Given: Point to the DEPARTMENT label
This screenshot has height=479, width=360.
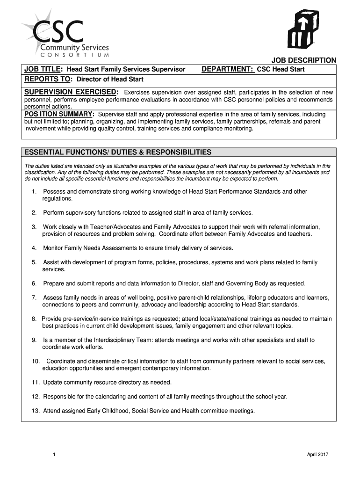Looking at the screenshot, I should (x=228, y=70).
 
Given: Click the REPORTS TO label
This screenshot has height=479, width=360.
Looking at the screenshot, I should (x=49, y=79).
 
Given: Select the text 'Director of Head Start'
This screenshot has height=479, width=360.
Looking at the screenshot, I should (x=110, y=80).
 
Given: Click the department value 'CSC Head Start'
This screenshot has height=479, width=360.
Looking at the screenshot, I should (x=281, y=70).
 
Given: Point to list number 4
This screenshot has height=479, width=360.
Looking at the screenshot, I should (x=34, y=248).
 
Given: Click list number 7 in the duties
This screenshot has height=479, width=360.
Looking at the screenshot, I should (x=34, y=298).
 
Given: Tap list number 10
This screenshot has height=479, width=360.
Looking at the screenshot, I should (x=36, y=361).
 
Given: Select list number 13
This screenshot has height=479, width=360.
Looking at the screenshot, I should (x=36, y=411).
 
